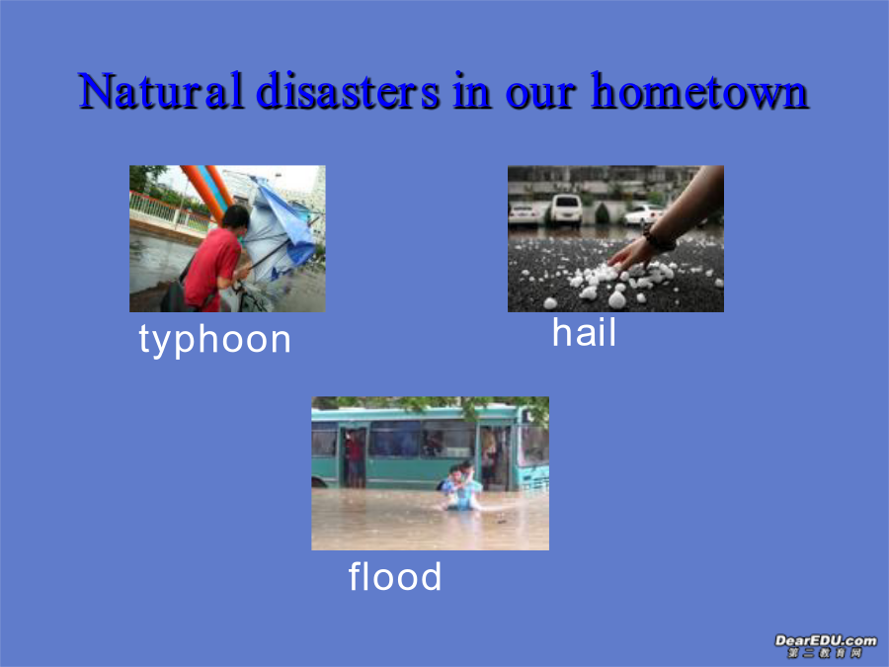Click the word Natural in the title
[x=161, y=91]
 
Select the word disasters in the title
[x=348, y=91]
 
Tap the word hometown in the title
[x=699, y=91]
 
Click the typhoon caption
[x=215, y=340]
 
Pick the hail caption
[x=584, y=332]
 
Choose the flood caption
[x=394, y=576]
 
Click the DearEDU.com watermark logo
[x=825, y=646]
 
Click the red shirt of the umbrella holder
[x=211, y=268]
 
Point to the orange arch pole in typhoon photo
[x=202, y=193]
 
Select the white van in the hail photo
[x=566, y=208]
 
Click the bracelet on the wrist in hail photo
[x=659, y=240]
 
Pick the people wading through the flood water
[x=462, y=486]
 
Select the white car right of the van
[x=643, y=214]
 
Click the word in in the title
[x=472, y=91]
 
